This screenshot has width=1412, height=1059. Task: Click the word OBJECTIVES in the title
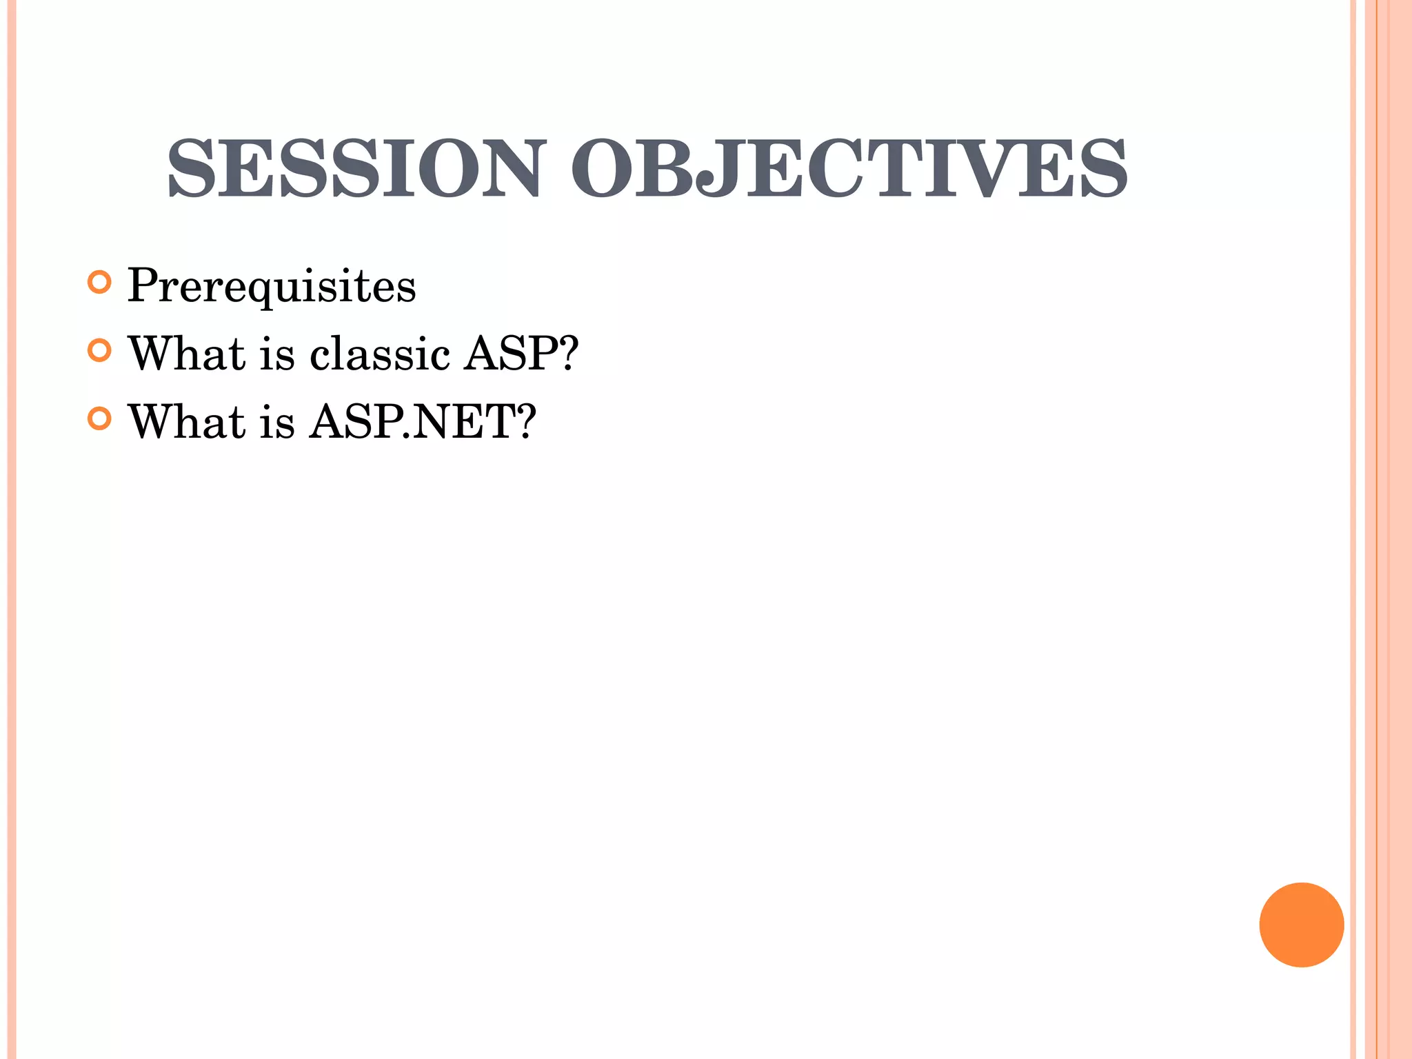(849, 168)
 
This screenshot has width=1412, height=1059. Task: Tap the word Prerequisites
(272, 285)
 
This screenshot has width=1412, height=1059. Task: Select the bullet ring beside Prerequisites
(100, 282)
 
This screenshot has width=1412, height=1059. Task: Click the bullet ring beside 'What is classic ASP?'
(100, 350)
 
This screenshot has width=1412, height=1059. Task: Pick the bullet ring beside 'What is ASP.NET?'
(100, 418)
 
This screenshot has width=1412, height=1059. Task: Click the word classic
(380, 354)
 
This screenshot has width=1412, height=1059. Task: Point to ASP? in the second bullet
(521, 354)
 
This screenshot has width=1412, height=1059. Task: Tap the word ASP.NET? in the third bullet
(422, 421)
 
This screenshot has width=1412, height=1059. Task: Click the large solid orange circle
(1301, 925)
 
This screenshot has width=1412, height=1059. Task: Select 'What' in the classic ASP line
(187, 354)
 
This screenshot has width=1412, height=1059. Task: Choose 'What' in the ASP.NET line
(187, 421)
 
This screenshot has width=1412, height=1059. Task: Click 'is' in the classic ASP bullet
(277, 354)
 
